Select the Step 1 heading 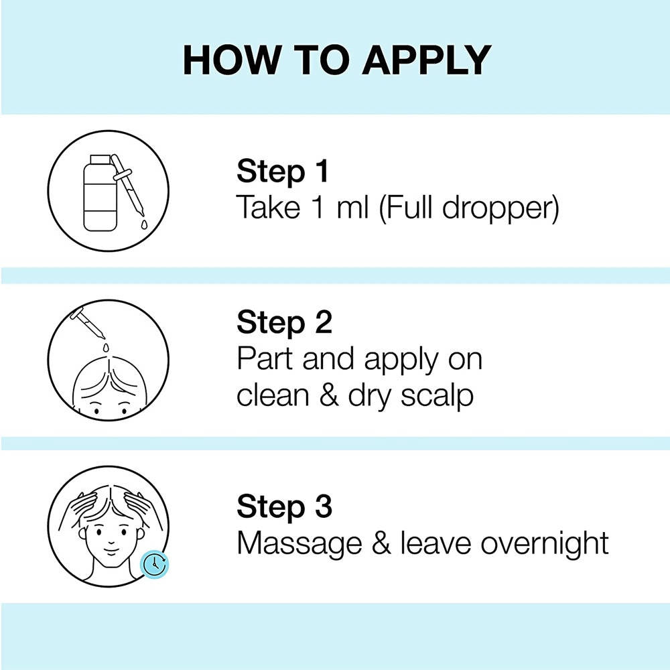pyautogui.click(x=282, y=172)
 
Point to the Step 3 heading pyautogui.click(x=284, y=507)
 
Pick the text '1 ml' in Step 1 pyautogui.click(x=340, y=208)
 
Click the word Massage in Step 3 pyautogui.click(x=287, y=543)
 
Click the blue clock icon pyautogui.click(x=155, y=564)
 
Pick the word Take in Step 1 pyautogui.click(x=263, y=208)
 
